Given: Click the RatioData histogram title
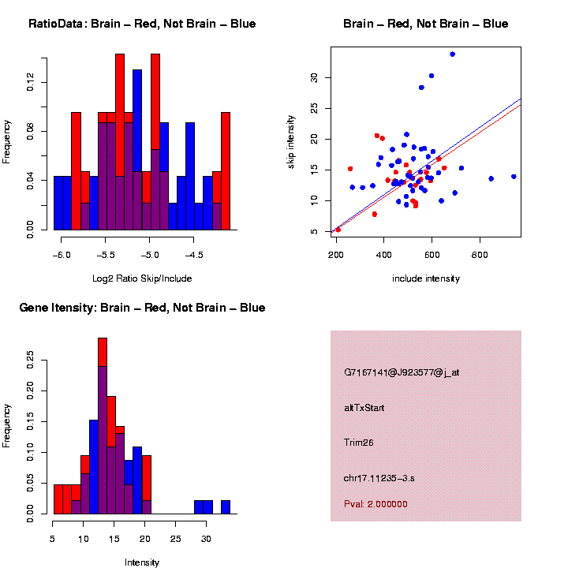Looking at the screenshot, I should click(x=142, y=24).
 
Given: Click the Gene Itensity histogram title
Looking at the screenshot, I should click(x=142, y=308).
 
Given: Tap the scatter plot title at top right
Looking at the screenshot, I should click(x=425, y=24).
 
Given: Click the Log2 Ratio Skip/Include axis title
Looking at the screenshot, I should click(x=141, y=278).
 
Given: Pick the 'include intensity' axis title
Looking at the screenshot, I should click(x=425, y=278).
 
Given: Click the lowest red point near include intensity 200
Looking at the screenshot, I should click(x=338, y=230).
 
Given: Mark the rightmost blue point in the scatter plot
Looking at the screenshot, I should click(x=514, y=177).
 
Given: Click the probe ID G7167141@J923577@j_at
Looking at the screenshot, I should click(x=402, y=372).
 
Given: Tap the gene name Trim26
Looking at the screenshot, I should click(x=359, y=443).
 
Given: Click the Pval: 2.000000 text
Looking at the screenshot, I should click(x=376, y=503).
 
